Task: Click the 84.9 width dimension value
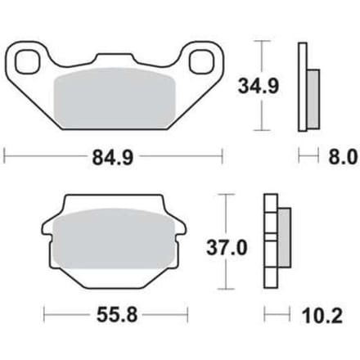click(113, 158)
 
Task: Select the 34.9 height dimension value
click(259, 86)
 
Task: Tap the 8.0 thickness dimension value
click(343, 157)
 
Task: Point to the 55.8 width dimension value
click(117, 315)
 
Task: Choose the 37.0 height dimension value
click(227, 248)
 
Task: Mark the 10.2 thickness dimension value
click(322, 316)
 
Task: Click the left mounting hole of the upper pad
click(26, 61)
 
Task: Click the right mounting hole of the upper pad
click(200, 61)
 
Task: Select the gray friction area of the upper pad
click(115, 98)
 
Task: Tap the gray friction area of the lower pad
click(114, 238)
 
